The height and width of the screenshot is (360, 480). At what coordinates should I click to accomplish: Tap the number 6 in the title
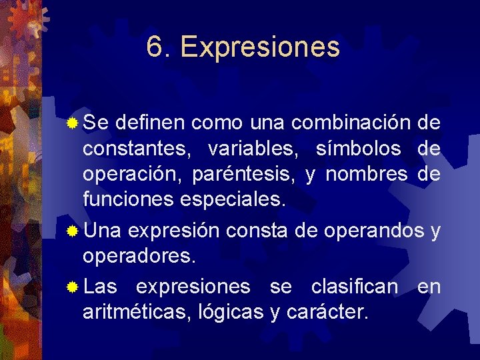[154, 47]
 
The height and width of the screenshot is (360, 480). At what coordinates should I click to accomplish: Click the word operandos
[373, 231]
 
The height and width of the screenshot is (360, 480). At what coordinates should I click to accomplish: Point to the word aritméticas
[137, 312]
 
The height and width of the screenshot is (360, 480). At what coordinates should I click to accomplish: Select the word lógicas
[231, 312]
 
